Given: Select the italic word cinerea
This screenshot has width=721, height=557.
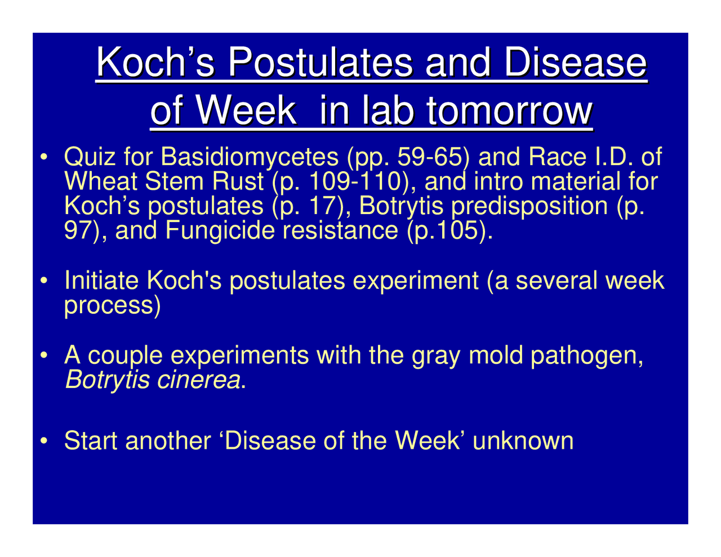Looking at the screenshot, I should click(x=198, y=381).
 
